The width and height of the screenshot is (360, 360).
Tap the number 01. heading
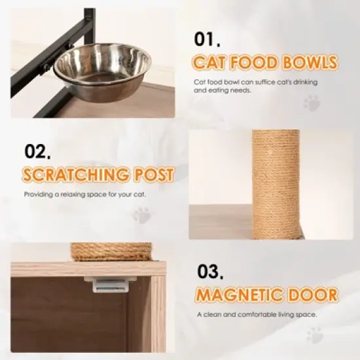(208, 39)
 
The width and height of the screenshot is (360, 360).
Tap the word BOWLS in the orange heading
(312, 63)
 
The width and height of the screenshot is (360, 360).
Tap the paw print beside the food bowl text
(312, 103)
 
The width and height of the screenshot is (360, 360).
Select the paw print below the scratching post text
(141, 214)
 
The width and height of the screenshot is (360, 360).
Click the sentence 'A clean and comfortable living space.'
(257, 314)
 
